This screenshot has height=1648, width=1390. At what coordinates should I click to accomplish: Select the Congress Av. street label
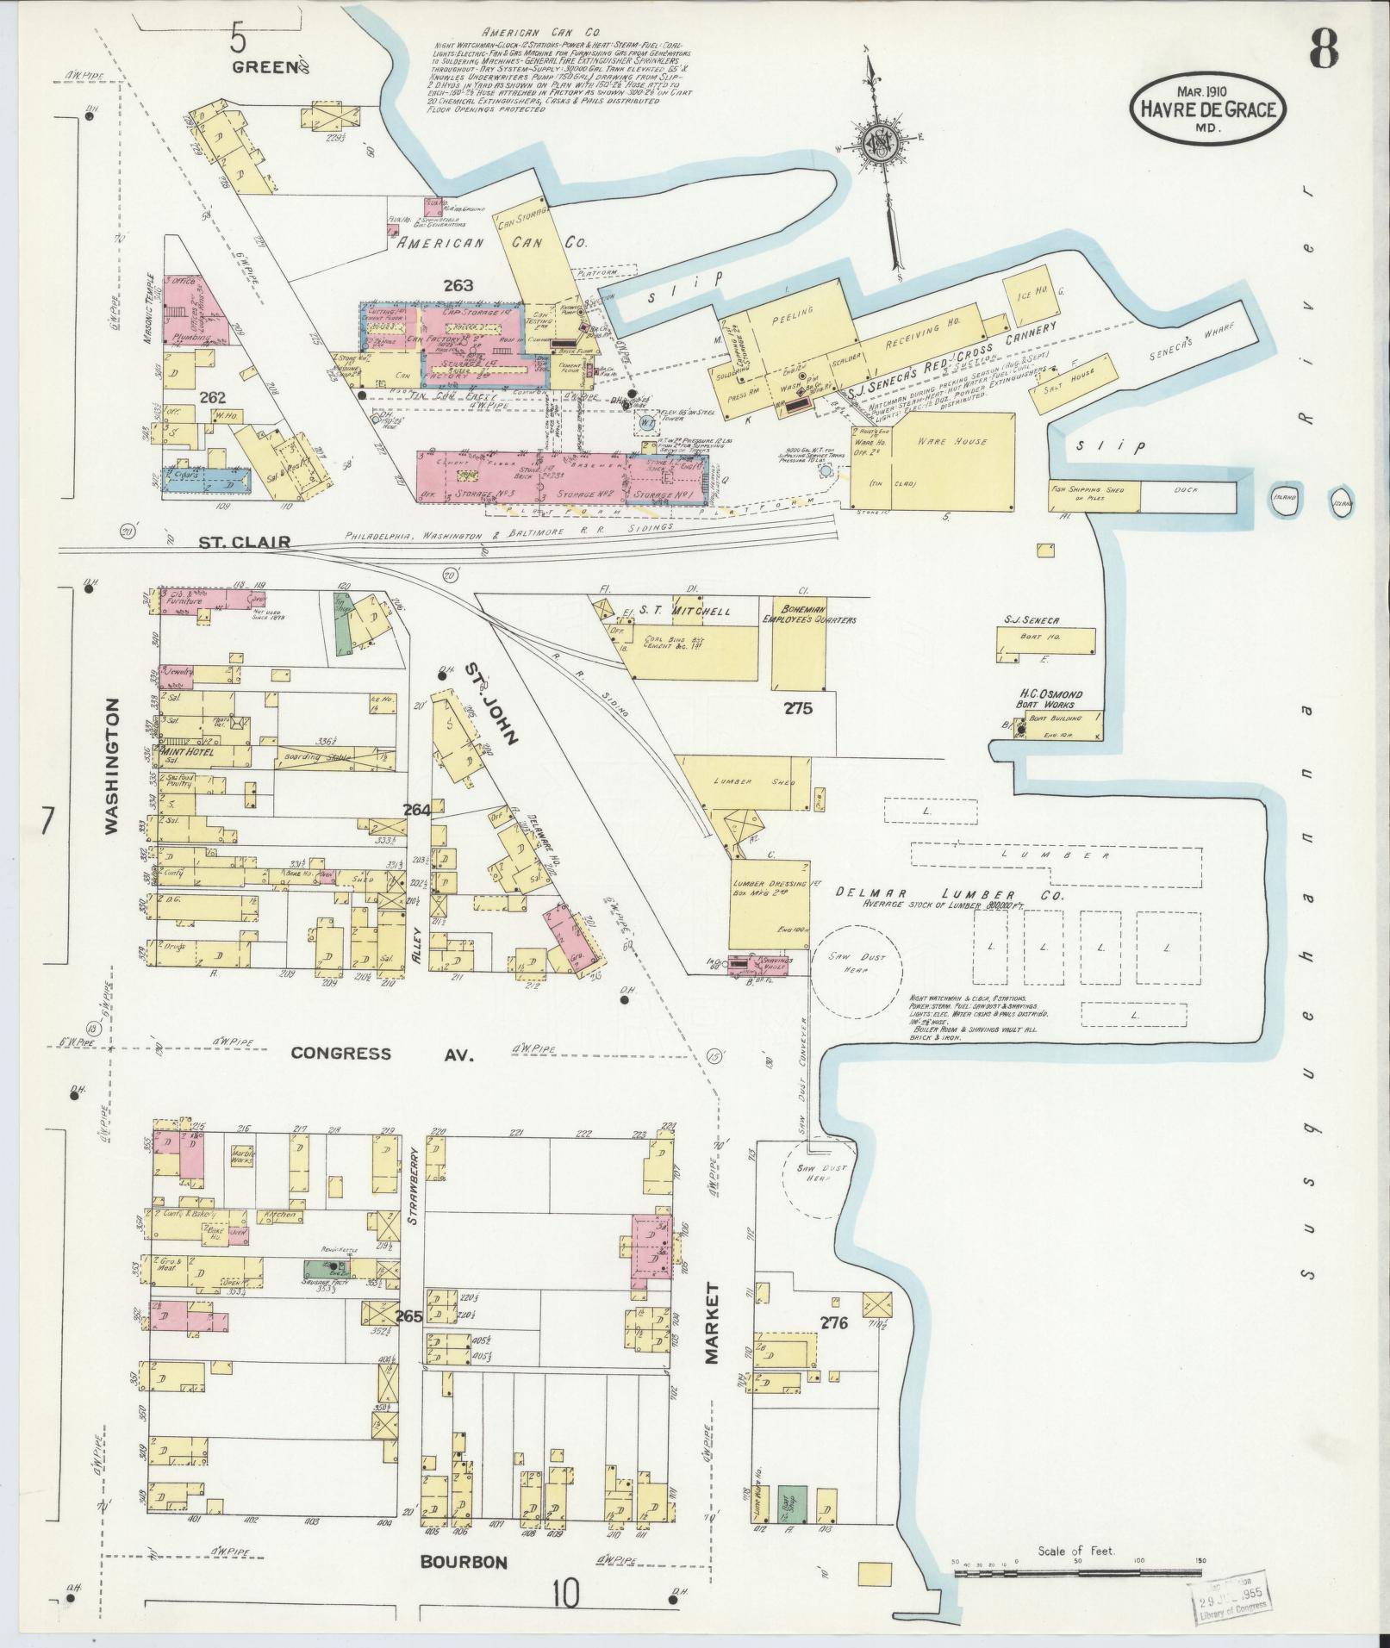coord(382,1053)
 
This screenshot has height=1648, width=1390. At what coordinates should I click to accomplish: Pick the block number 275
coord(798,709)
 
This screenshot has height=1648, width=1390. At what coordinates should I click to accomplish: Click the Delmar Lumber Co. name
coord(948,894)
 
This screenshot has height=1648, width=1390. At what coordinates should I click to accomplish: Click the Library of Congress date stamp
coord(1233,1604)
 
